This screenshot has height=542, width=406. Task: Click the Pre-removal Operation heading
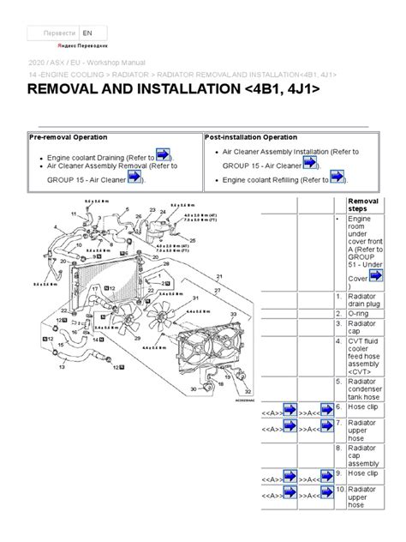click(x=68, y=138)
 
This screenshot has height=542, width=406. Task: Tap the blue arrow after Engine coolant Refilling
click(x=337, y=177)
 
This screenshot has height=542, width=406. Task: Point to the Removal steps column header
click(x=365, y=206)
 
